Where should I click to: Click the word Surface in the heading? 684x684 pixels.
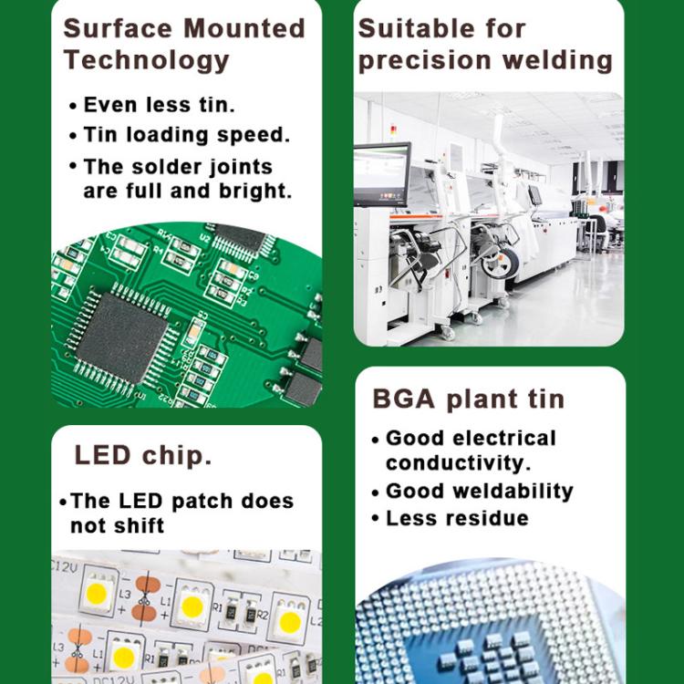(117, 27)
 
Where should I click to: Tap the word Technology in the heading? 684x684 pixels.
(146, 60)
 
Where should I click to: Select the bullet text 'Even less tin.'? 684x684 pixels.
(159, 105)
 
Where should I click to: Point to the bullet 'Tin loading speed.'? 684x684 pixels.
(186, 135)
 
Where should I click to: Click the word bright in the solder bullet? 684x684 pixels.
(254, 192)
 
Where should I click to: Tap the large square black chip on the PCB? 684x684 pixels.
(122, 331)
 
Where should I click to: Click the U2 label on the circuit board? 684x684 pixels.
(205, 238)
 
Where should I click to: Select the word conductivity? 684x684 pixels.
(458, 462)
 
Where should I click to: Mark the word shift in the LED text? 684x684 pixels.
(136, 525)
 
